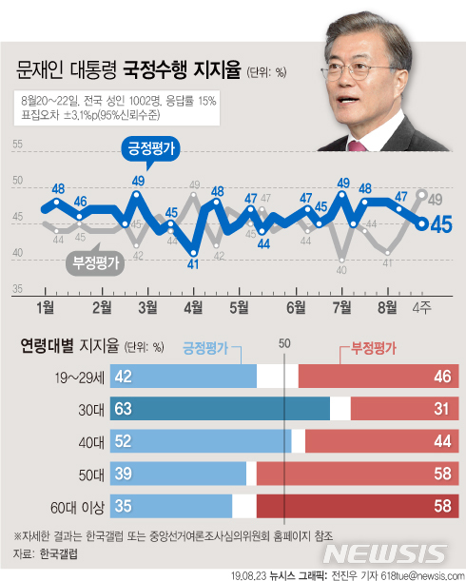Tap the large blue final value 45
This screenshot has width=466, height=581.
pos(441,224)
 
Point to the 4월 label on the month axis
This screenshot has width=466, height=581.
pos(193,306)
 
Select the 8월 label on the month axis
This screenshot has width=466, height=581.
pos(388,306)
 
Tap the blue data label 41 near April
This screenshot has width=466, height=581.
pos(193,263)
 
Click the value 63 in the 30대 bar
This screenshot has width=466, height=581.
pos(124,409)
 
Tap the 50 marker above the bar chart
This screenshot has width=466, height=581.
pos(285,345)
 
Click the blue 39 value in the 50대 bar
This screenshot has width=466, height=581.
pos(124,474)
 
